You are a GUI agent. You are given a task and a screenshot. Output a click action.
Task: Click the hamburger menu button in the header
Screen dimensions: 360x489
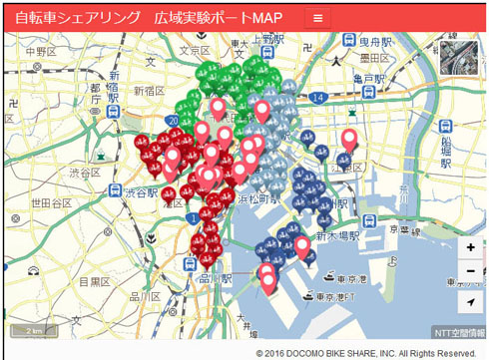[318, 18]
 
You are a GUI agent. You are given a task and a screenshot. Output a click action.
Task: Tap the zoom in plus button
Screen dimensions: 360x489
[470, 248]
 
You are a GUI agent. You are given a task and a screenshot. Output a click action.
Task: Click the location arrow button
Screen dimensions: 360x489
[470, 300]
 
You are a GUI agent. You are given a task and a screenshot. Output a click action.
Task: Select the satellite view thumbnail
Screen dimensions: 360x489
[459, 57]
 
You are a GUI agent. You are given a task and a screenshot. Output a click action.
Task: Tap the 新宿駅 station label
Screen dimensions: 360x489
[114, 93]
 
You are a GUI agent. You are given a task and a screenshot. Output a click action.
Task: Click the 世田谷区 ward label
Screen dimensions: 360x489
[45, 202]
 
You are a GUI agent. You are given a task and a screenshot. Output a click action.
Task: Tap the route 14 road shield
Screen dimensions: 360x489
[317, 97]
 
